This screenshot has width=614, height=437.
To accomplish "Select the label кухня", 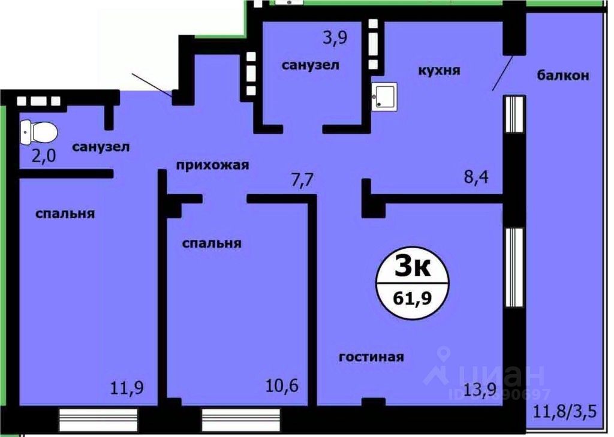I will tap(439, 71).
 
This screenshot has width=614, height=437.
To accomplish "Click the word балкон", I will tap(563, 76).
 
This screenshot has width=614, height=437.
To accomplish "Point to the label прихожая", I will tap(212, 165).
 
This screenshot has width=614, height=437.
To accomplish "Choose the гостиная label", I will tap(371, 357).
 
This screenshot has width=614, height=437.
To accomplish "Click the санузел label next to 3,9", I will tap(311, 65).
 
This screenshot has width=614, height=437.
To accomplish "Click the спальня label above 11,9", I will tap(65, 213).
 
